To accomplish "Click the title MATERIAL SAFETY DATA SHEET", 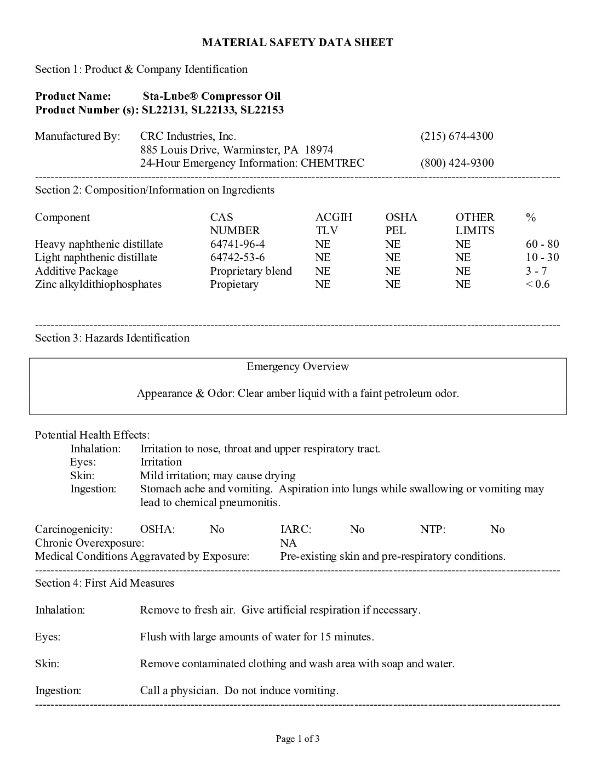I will (297, 42).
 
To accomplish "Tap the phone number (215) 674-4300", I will (456, 136).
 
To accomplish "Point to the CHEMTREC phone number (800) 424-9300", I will (456, 163).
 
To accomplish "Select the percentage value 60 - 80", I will (542, 244).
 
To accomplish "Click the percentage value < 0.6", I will (537, 284).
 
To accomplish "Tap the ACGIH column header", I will (334, 217).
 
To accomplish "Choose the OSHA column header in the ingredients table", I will (401, 217).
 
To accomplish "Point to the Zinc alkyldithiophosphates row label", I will (98, 284).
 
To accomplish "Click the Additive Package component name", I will (76, 271).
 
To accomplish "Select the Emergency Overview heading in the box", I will (297, 366).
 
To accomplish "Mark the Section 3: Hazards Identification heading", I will (112, 338).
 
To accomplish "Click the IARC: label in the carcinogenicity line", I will (295, 529).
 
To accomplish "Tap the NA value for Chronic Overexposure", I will (288, 543).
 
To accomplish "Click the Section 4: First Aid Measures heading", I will (105, 583).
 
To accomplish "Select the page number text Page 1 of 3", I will (297, 739).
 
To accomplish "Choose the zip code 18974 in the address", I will (319, 150).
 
